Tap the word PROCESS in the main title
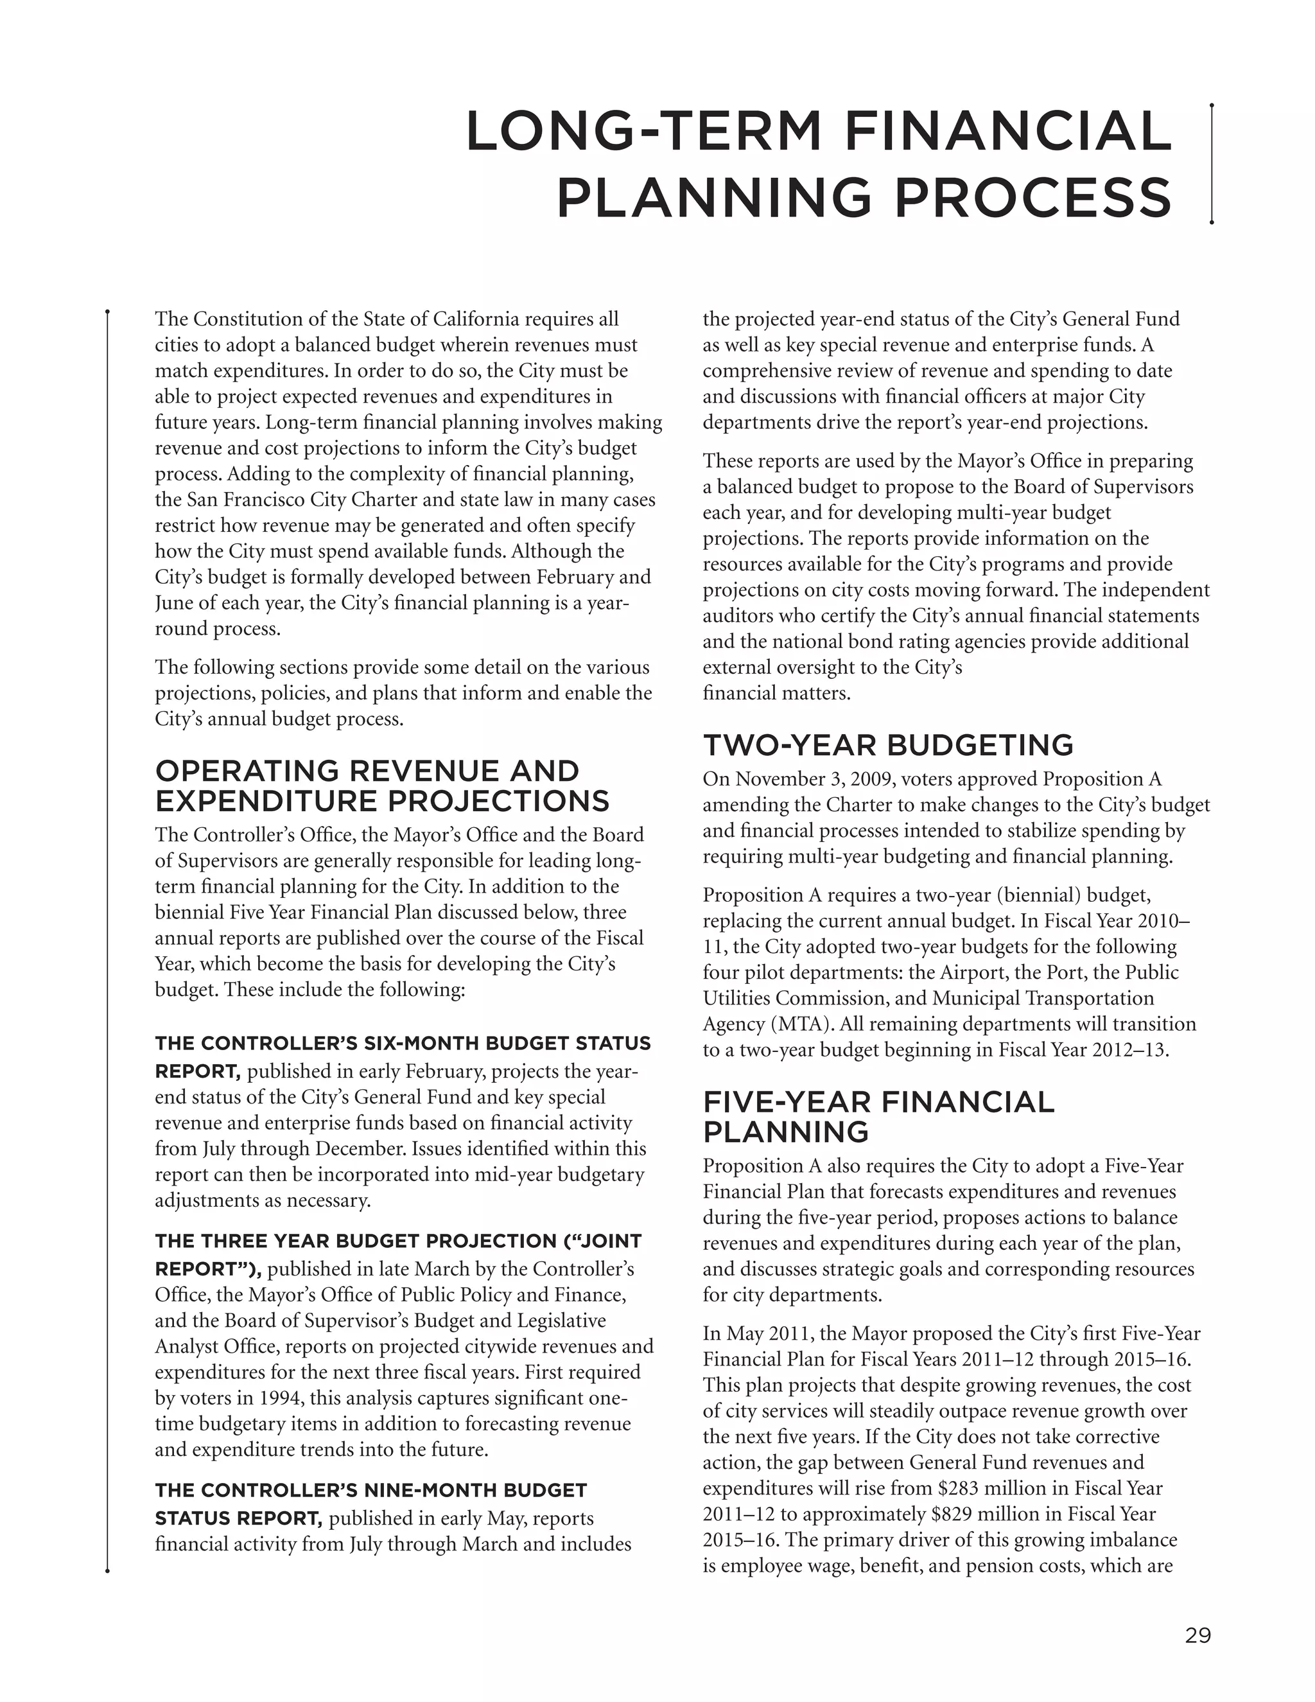coord(1033,197)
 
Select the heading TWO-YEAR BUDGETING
coord(888,745)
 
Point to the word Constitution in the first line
coord(249,319)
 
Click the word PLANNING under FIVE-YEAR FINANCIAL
coord(785,1132)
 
